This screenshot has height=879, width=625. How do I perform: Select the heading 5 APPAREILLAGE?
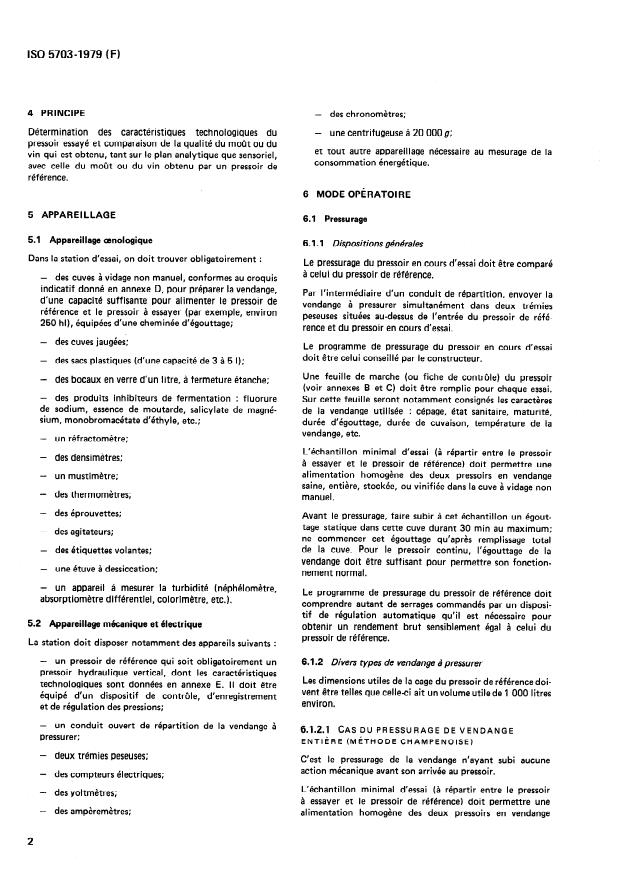pyautogui.click(x=72, y=214)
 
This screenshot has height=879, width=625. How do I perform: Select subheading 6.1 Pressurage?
pyautogui.click(x=335, y=218)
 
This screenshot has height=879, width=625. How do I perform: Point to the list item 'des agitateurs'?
pyautogui.click(x=84, y=531)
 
